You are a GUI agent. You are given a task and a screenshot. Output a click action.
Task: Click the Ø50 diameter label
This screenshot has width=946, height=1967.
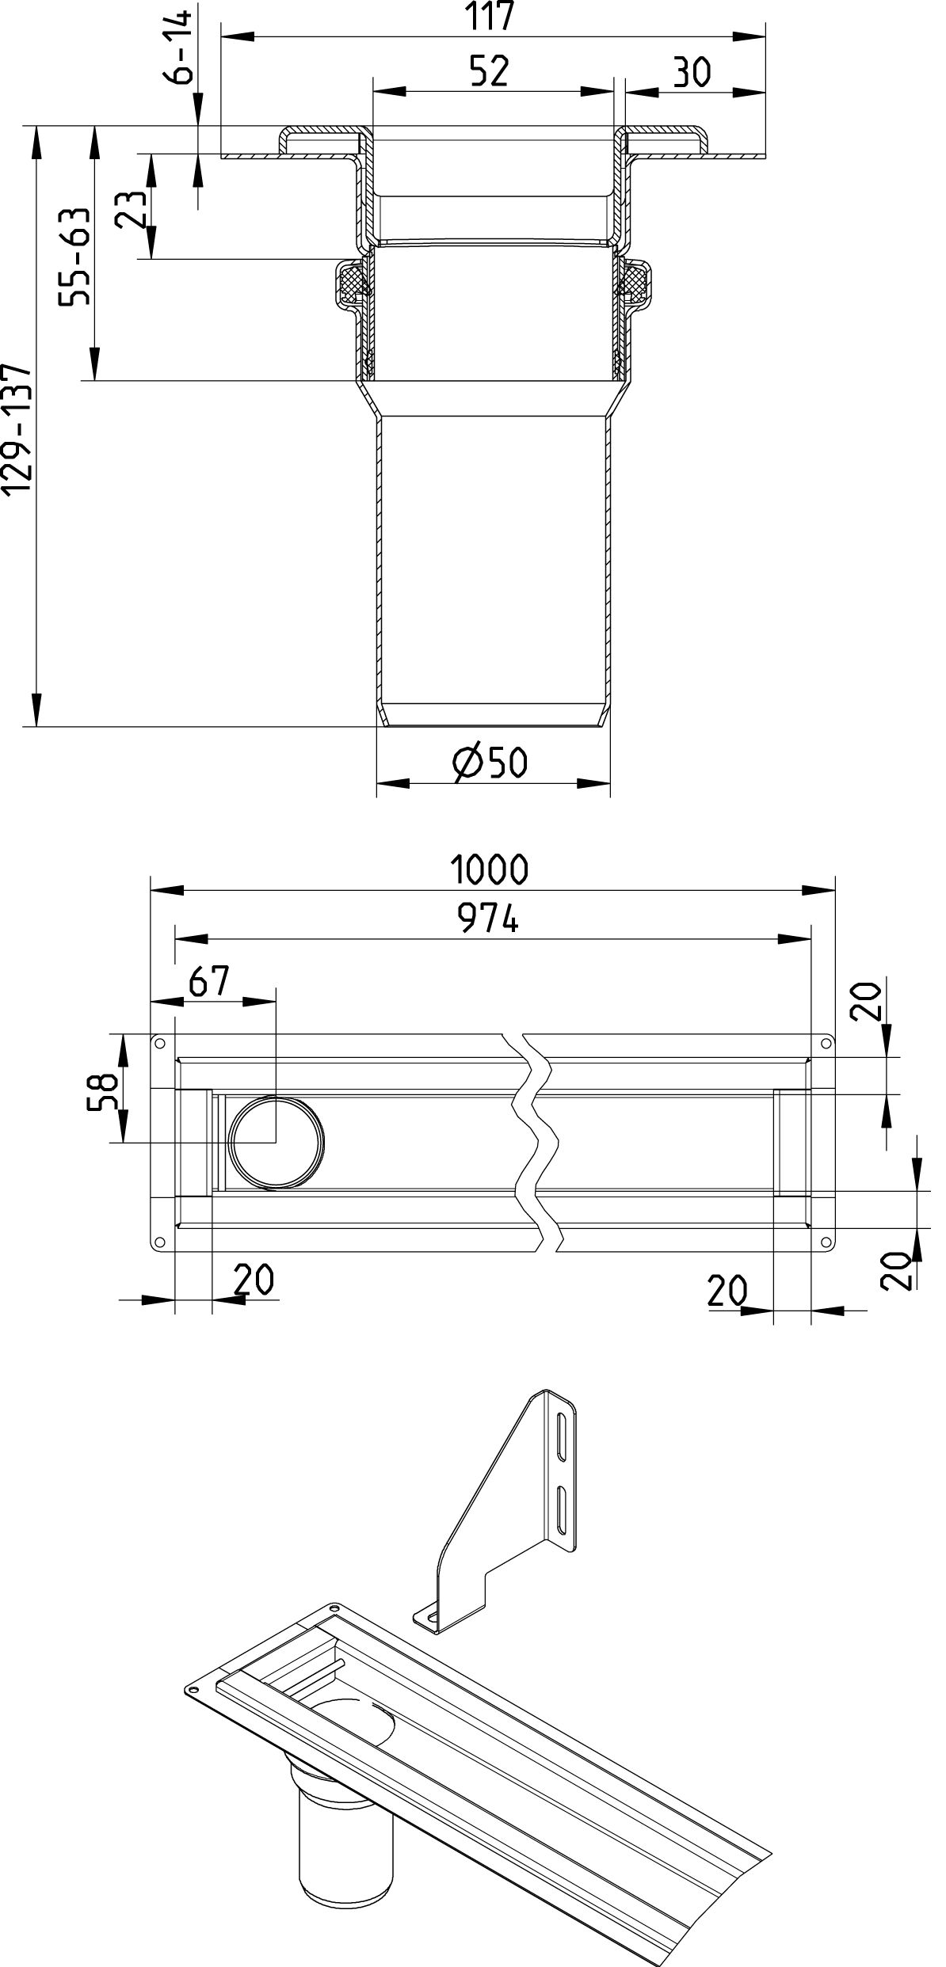[x=490, y=762]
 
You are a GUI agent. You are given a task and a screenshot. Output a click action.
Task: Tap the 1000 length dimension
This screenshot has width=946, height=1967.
[x=490, y=869]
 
